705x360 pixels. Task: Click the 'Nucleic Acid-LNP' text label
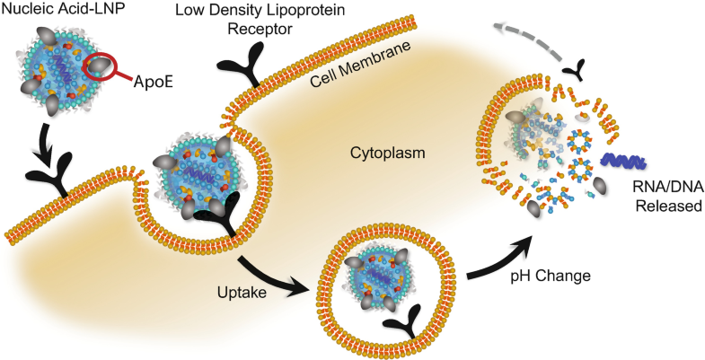(x=64, y=13)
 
